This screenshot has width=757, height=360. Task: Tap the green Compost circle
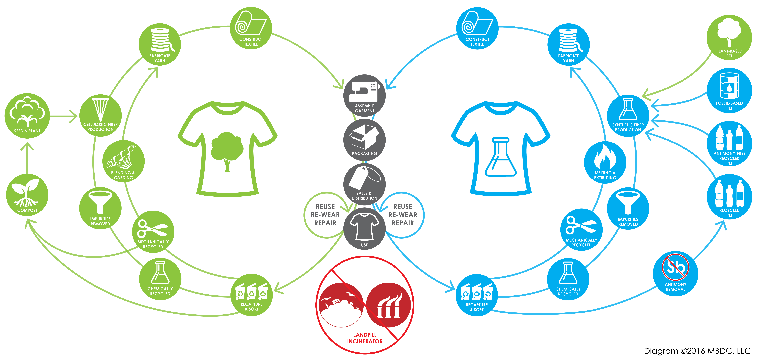point(27,195)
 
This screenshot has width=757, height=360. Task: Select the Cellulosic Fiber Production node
point(101,116)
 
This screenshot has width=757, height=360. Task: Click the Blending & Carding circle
point(123,161)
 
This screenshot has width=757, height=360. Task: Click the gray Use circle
point(364,229)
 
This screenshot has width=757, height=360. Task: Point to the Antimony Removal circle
point(676,274)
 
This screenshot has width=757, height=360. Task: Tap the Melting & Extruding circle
point(605,163)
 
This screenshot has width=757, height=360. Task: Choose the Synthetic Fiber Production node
point(628,116)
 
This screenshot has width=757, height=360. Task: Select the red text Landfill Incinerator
point(365,338)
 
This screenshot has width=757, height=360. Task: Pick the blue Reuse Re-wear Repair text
point(403,215)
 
